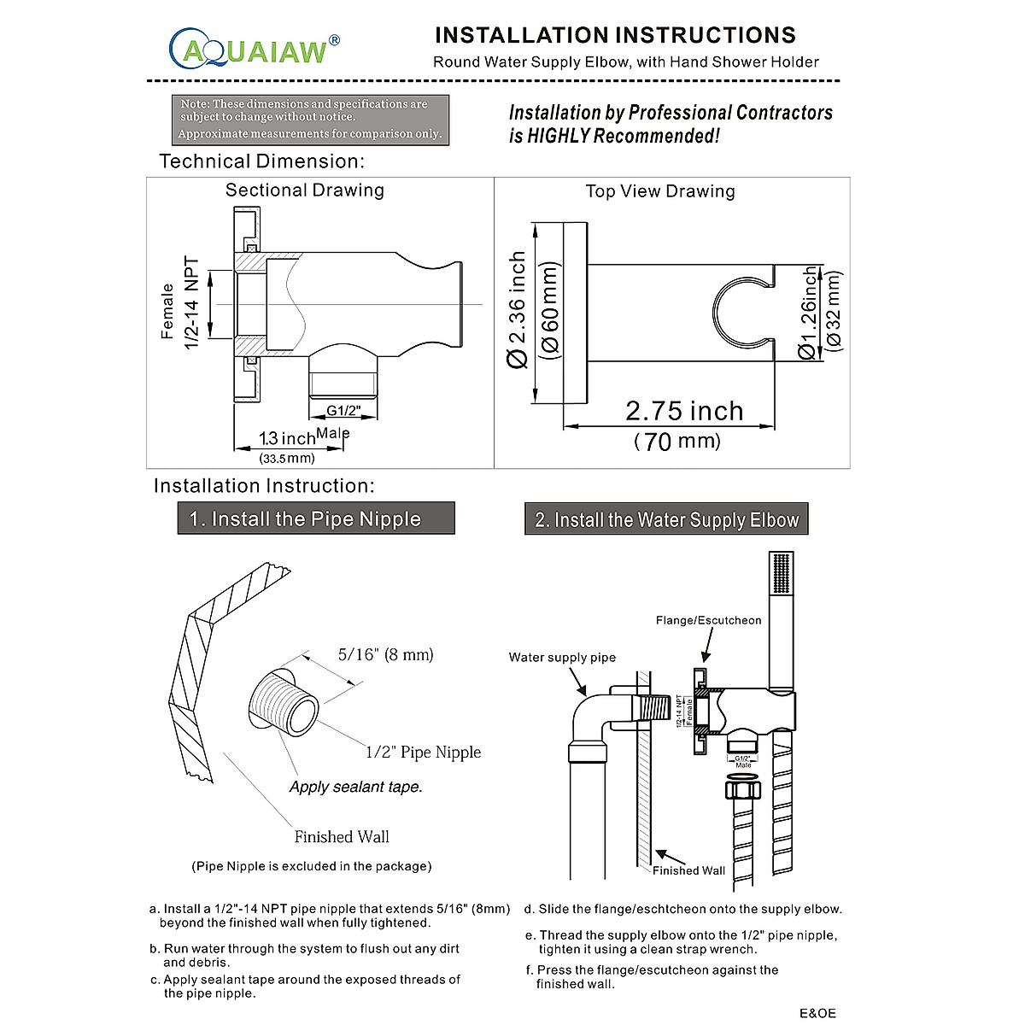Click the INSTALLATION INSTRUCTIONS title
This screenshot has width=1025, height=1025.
[x=615, y=35]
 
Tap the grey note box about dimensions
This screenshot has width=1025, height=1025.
[x=310, y=119]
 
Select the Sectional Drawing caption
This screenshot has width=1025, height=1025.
[x=305, y=190]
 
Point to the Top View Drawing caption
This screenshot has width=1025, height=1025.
[x=660, y=191]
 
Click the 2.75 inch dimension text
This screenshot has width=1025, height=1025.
[x=684, y=411]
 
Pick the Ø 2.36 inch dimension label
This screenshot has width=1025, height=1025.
[x=518, y=309]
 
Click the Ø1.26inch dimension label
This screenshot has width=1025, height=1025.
[x=808, y=312]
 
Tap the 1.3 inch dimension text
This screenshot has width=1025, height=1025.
[x=287, y=439]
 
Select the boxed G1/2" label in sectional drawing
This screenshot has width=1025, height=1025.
[x=343, y=412]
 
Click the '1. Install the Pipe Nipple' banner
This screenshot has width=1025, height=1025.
[x=316, y=518]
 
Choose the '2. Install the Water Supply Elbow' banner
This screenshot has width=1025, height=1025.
[x=666, y=519]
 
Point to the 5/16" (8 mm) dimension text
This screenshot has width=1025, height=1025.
[x=385, y=655]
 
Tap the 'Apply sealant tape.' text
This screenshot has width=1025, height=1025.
[x=355, y=787]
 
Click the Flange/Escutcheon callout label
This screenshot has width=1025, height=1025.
[x=708, y=620]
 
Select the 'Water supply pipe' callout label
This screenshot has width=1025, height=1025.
[x=562, y=657]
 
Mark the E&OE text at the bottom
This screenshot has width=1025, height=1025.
[x=817, y=1013]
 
